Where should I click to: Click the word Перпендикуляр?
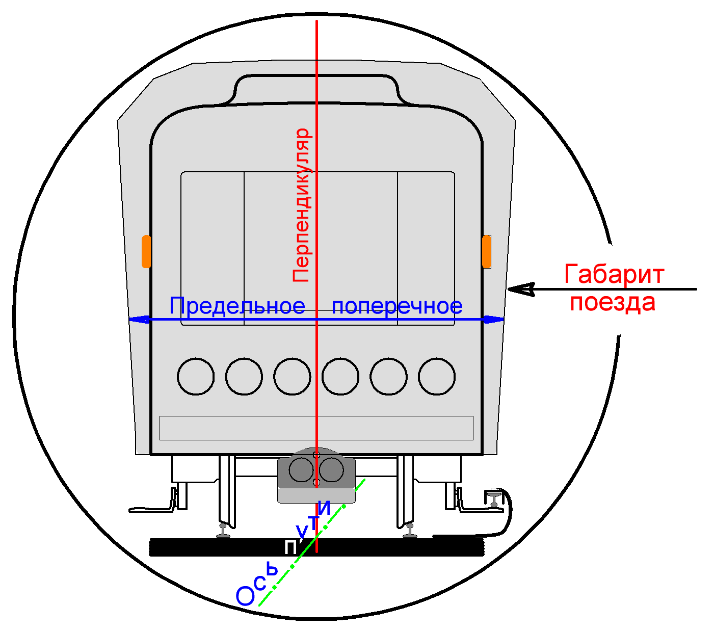[301, 205]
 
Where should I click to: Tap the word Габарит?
[614, 275]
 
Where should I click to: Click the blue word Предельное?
[237, 306]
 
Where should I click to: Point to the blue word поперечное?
[397, 306]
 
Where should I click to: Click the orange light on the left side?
[146, 251]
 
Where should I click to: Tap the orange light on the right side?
[487, 251]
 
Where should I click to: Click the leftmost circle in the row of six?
[196, 377]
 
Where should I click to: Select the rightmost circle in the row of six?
[437, 377]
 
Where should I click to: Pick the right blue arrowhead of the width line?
[493, 320]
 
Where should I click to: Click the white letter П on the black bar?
[290, 548]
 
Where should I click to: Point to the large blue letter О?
[245, 596]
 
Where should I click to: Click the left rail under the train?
[224, 531]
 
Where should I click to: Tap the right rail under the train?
[409, 531]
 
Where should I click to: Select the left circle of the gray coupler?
[301, 470]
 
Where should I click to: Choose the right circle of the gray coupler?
[331, 470]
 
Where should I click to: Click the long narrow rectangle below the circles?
[316, 428]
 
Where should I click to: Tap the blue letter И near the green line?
[325, 508]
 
